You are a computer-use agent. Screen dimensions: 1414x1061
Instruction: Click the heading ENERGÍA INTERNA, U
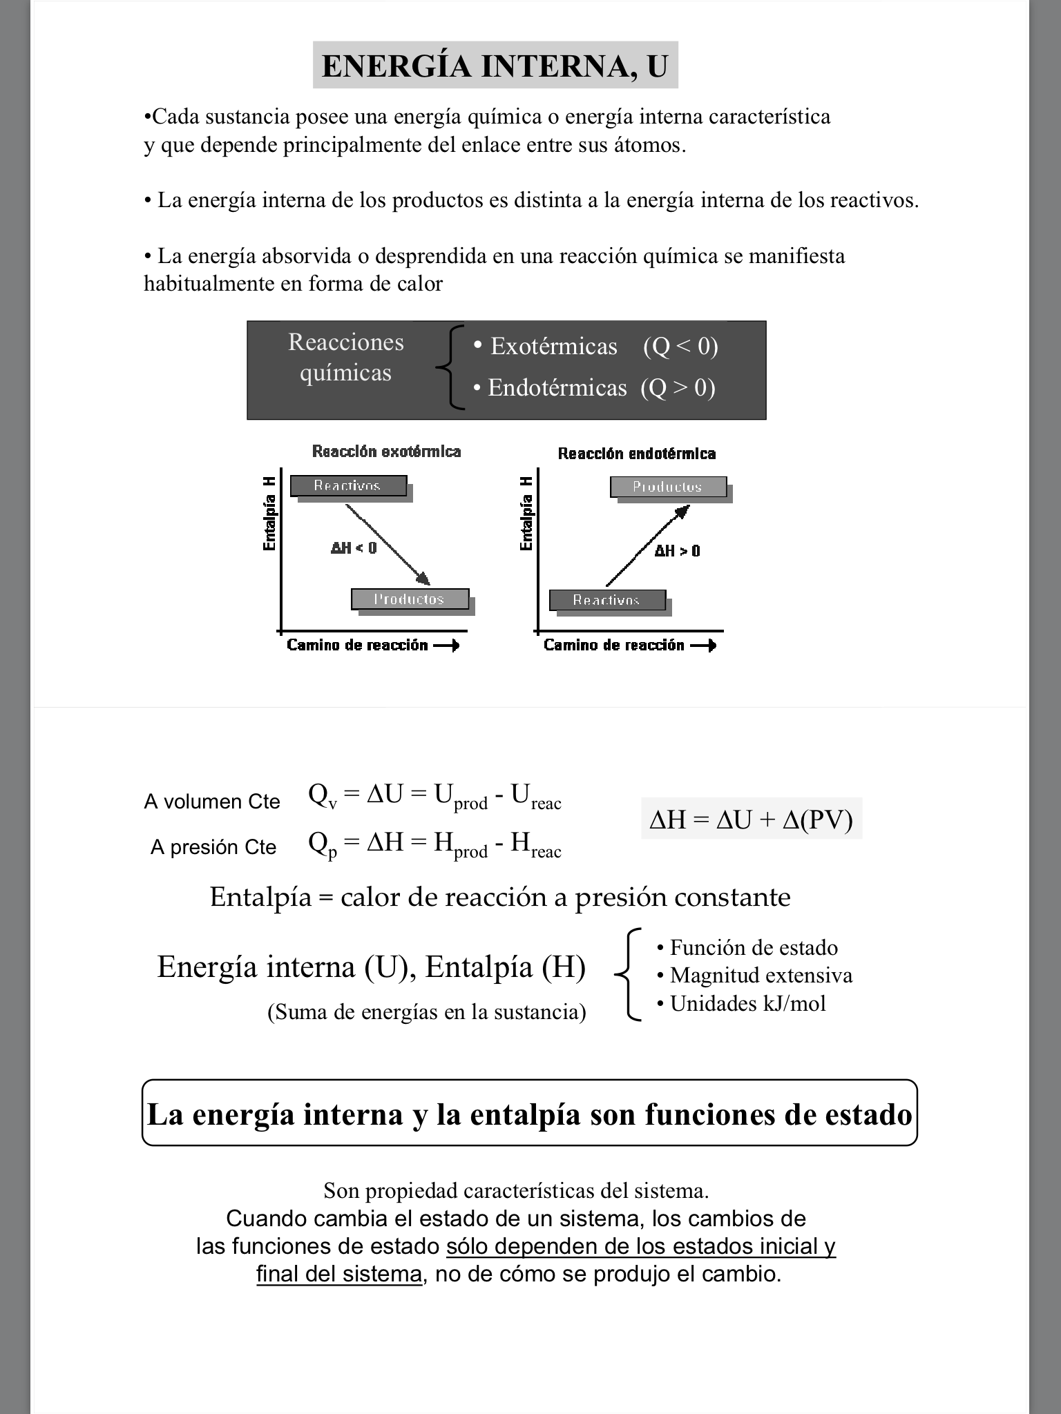[495, 66]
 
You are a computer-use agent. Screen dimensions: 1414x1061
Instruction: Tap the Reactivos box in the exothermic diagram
[348, 486]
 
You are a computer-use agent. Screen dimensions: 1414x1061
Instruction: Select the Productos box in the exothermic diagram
[410, 599]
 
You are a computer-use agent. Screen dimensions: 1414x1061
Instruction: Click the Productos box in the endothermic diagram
[668, 487]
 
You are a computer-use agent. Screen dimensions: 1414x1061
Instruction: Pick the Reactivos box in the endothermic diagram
[607, 601]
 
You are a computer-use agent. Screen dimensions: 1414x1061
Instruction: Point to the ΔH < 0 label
[354, 548]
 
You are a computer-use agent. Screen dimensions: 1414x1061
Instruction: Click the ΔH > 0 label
[677, 551]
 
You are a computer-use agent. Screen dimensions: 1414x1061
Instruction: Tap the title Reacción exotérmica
[386, 452]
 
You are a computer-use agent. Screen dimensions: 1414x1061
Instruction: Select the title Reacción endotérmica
[637, 454]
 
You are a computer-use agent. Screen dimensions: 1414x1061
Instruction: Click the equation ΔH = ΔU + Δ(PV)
[752, 820]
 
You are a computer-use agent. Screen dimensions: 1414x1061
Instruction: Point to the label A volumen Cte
[212, 802]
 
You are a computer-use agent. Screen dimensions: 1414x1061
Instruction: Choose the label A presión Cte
[213, 847]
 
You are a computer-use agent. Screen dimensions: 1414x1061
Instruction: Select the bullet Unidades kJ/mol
[742, 1003]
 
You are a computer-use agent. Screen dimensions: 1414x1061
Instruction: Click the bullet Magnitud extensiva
[755, 975]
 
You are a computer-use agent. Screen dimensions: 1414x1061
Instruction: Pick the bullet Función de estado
[748, 947]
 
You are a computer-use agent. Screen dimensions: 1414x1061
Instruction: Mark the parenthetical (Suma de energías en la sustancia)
[426, 1012]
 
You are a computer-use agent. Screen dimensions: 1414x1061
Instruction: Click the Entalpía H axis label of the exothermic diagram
[269, 514]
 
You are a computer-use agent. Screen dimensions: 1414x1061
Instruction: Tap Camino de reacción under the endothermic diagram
[614, 646]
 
